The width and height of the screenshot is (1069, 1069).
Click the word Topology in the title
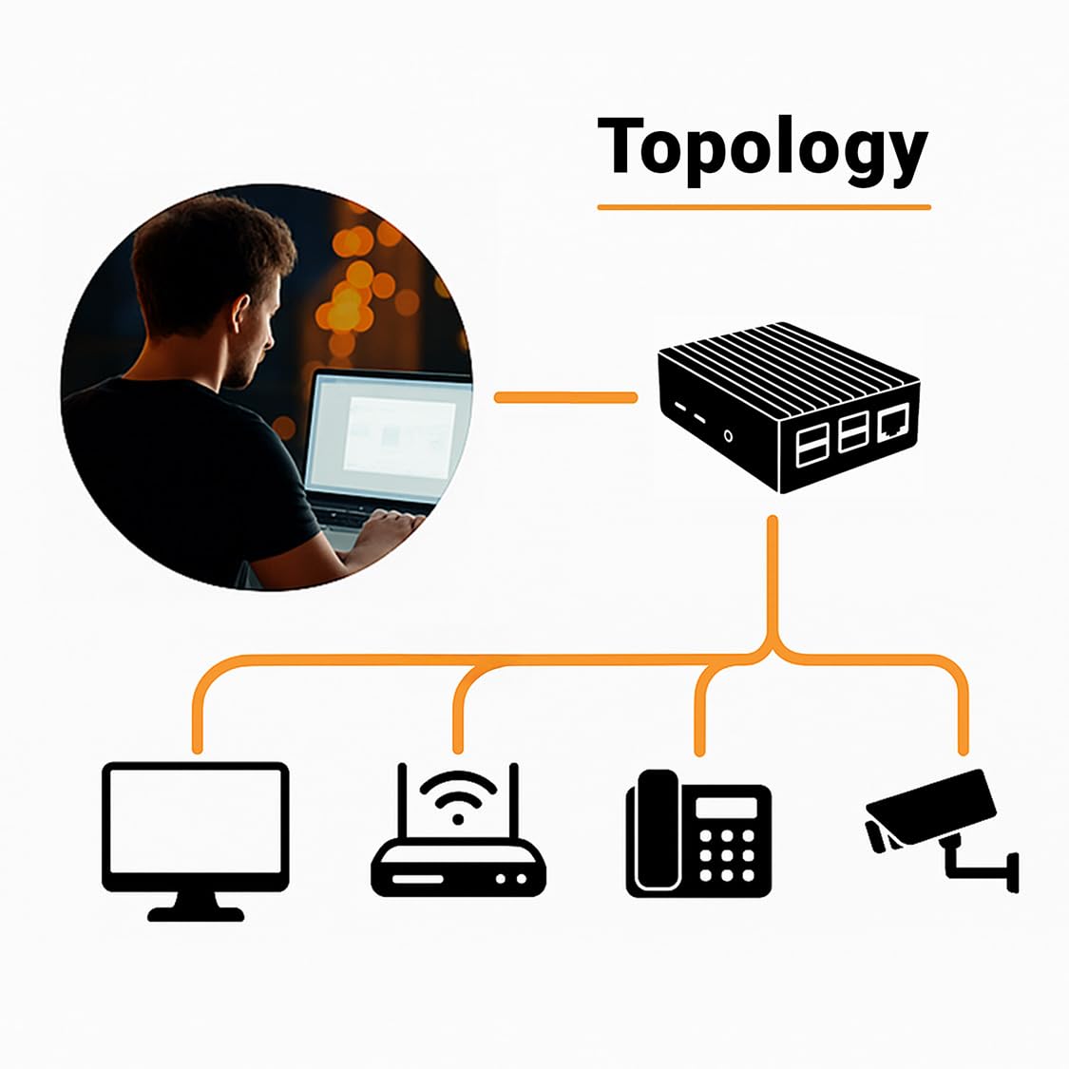click(762, 147)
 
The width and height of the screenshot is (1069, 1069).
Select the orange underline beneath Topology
click(763, 206)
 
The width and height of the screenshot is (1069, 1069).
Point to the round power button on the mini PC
click(729, 436)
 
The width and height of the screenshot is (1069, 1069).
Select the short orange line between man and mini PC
click(565, 397)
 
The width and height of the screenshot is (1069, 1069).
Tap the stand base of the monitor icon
click(196, 914)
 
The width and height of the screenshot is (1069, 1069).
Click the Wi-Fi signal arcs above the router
click(459, 793)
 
